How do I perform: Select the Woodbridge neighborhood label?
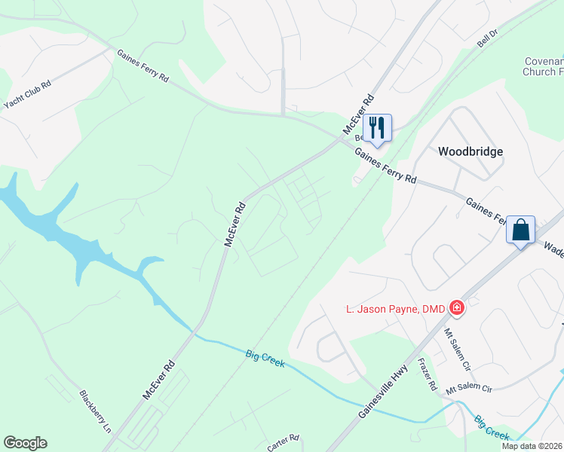click(x=470, y=151)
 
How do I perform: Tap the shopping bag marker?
click(x=521, y=228)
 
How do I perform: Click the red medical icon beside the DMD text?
click(x=456, y=307)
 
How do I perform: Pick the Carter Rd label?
click(x=284, y=442)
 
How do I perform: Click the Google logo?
click(x=25, y=443)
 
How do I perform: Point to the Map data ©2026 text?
click(x=532, y=446)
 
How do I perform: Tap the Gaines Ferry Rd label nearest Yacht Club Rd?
click(x=143, y=66)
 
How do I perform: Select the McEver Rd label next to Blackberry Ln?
click(x=159, y=379)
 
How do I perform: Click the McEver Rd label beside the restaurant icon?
click(x=358, y=115)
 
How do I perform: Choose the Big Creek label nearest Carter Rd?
click(x=265, y=358)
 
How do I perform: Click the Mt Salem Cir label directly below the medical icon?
click(x=456, y=344)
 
